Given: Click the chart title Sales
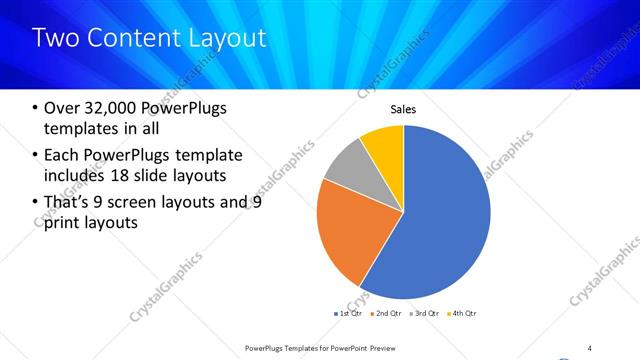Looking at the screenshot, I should (403, 110).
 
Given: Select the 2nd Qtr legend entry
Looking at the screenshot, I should (387, 314).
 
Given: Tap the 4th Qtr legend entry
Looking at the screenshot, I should (461, 314).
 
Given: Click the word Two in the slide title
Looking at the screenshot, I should (52, 38).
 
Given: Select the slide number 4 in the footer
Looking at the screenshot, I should (590, 347).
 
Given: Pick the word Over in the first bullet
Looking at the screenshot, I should (61, 108).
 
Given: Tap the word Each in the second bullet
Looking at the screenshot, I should (62, 155).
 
